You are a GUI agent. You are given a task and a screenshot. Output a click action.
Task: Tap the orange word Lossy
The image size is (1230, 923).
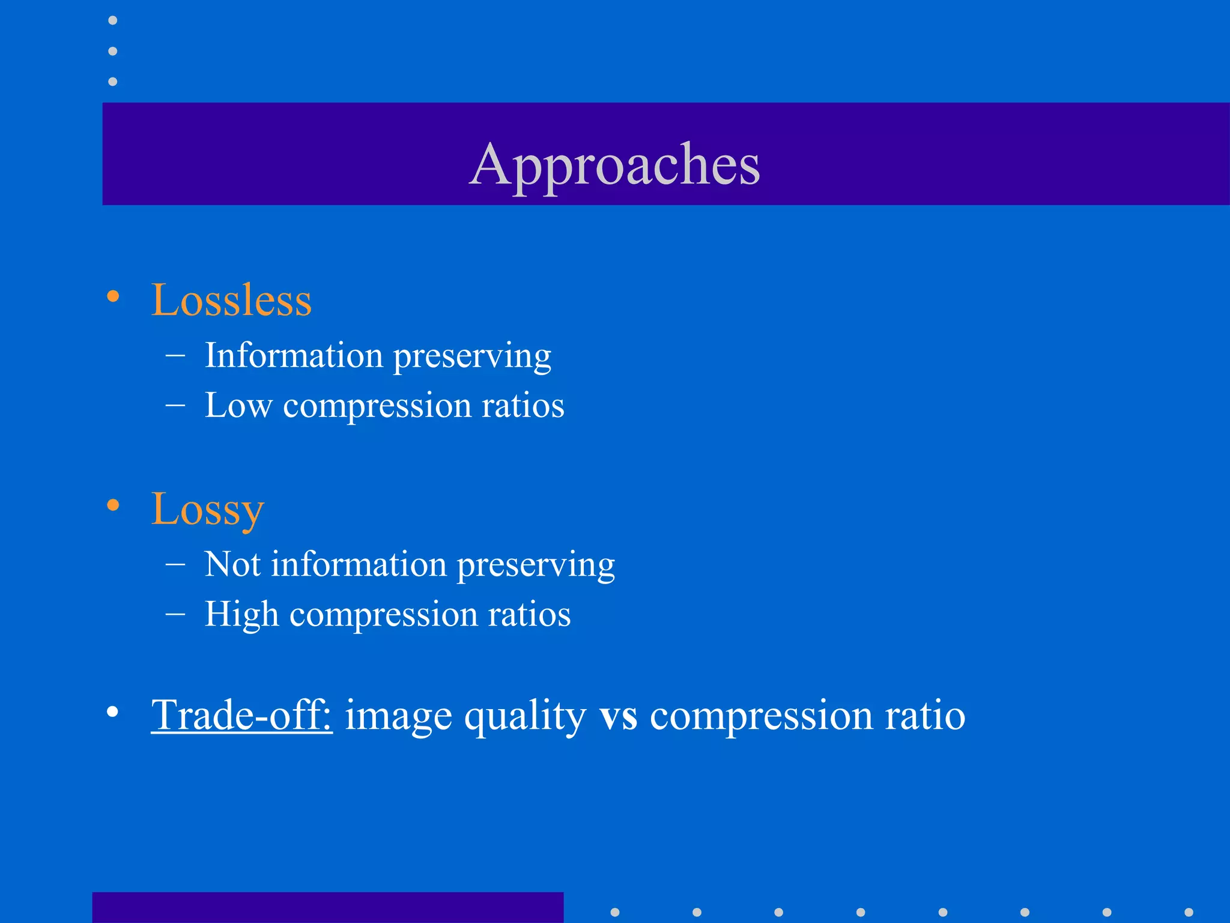point(207,509)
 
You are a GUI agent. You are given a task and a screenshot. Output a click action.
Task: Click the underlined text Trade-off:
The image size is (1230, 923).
point(241,715)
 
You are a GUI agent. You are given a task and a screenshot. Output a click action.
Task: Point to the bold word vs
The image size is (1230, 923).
point(618,716)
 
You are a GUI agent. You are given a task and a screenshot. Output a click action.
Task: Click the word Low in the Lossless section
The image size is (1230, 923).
point(238,405)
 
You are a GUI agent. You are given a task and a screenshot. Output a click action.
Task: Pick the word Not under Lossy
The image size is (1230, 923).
point(232,564)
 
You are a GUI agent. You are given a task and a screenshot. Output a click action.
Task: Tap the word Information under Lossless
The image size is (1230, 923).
point(294,355)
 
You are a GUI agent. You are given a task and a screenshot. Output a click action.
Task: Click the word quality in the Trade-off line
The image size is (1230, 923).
point(525,716)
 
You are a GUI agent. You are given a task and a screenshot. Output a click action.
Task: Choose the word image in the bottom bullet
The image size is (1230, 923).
point(398,716)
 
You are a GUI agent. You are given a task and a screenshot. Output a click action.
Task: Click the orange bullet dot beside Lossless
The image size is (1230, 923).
point(113,296)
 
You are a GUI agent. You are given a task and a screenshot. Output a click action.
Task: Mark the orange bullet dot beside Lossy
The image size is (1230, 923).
point(113,505)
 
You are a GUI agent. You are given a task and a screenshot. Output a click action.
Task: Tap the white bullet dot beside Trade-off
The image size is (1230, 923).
point(113,712)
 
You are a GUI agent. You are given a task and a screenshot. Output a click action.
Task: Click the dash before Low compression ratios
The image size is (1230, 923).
point(175,405)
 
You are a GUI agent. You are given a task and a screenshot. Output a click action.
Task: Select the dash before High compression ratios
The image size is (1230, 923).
point(175,614)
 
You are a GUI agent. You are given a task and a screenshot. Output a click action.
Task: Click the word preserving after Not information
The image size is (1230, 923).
point(536,565)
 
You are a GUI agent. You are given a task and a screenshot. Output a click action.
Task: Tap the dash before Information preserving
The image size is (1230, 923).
point(175,355)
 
